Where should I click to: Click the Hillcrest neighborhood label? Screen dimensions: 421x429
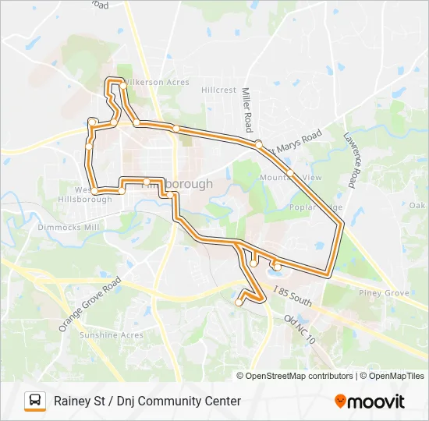tap(218, 90)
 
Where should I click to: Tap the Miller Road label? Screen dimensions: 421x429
tap(247, 109)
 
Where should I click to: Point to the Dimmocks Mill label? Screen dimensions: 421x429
tap(69, 228)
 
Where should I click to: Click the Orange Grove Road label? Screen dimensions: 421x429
tap(90, 304)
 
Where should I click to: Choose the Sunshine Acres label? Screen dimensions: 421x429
tap(112, 335)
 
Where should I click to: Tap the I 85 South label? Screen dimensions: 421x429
tap(293, 295)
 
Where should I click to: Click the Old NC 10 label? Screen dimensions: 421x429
tap(300, 330)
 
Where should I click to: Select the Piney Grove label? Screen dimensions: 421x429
tap(385, 293)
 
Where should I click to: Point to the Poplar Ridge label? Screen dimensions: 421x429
tap(316, 208)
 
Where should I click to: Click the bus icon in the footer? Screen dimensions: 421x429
tap(35, 401)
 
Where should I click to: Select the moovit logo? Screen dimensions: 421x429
tap(370, 401)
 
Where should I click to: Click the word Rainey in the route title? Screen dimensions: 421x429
tap(73, 402)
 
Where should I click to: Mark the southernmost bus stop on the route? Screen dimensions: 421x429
tap(239, 303)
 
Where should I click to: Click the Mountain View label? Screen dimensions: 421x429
tap(290, 178)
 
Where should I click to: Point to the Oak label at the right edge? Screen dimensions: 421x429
tap(417, 206)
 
